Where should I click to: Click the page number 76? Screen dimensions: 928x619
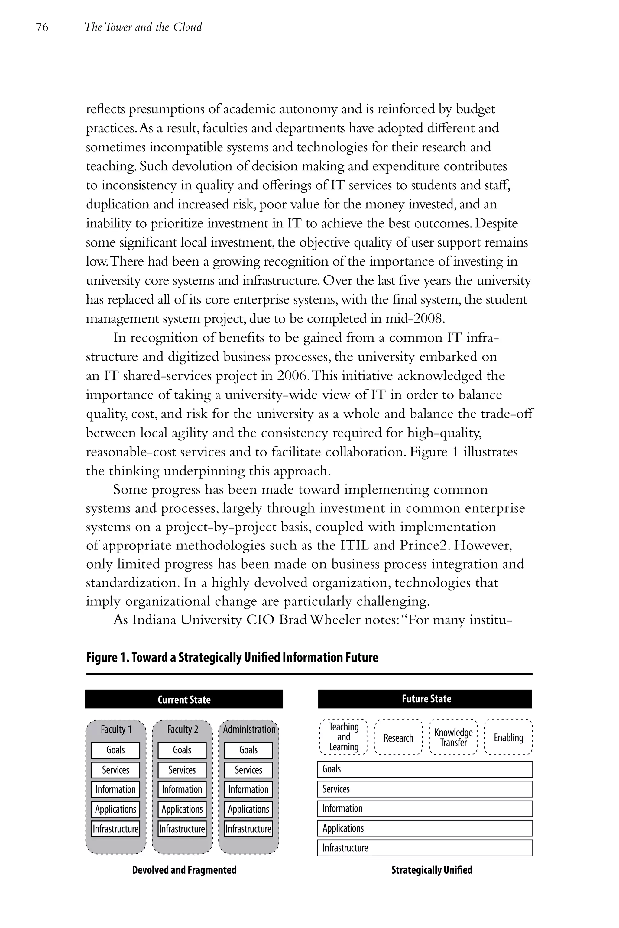coord(42,27)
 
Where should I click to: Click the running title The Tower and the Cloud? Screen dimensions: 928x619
coord(143,27)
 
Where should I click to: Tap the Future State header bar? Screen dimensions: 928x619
coord(425,699)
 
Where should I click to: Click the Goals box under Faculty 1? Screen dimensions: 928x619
coord(116,750)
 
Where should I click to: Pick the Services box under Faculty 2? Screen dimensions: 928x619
coord(182,770)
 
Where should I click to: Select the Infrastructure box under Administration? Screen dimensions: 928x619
coord(248,829)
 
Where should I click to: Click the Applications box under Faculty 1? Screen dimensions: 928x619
coord(116,809)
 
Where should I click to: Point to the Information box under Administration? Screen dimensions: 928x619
coord(248,790)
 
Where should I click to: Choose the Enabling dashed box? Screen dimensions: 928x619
coord(508,737)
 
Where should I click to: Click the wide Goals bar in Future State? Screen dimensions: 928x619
coord(425,769)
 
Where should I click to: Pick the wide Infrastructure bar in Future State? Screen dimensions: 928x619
coord(425,848)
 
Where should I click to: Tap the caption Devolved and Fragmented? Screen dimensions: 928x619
coord(184,870)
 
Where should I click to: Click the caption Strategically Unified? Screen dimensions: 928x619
coord(432,870)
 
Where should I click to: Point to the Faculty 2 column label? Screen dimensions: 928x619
coord(182,729)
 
